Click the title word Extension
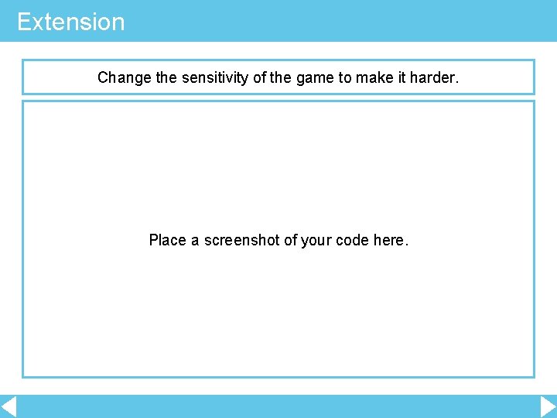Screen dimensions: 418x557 (70, 22)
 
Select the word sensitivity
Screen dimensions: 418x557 (212, 77)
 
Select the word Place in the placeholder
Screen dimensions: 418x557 (167, 240)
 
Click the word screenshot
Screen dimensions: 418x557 (242, 240)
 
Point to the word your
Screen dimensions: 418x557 (317, 240)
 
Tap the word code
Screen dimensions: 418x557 (353, 240)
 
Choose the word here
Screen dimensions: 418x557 (390, 240)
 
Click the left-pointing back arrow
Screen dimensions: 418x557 (9, 406)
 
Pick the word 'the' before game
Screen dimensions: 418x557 (281, 77)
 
